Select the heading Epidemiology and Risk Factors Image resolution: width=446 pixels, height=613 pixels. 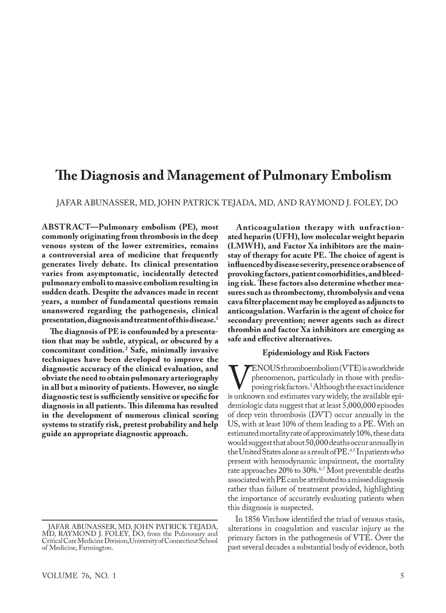[x=316, y=353]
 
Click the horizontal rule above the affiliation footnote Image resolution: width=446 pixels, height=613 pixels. [x=130, y=519]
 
